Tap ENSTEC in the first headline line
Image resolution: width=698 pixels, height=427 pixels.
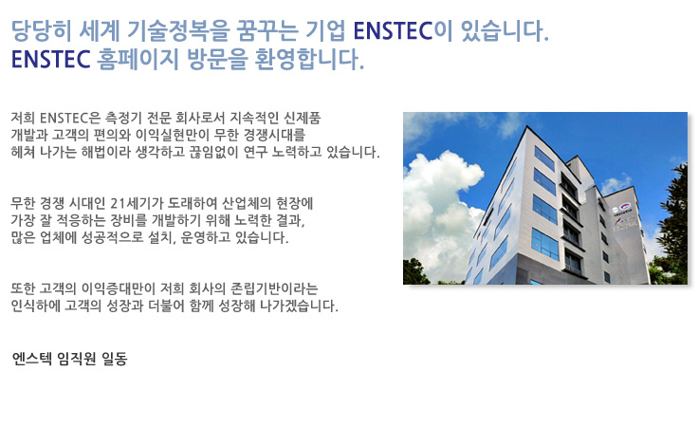(393, 31)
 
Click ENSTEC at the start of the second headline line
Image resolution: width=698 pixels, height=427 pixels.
(51, 59)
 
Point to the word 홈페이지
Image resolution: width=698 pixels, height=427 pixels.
(138, 59)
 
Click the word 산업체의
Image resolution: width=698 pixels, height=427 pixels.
(247, 203)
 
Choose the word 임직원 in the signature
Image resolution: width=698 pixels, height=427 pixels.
(77, 359)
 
